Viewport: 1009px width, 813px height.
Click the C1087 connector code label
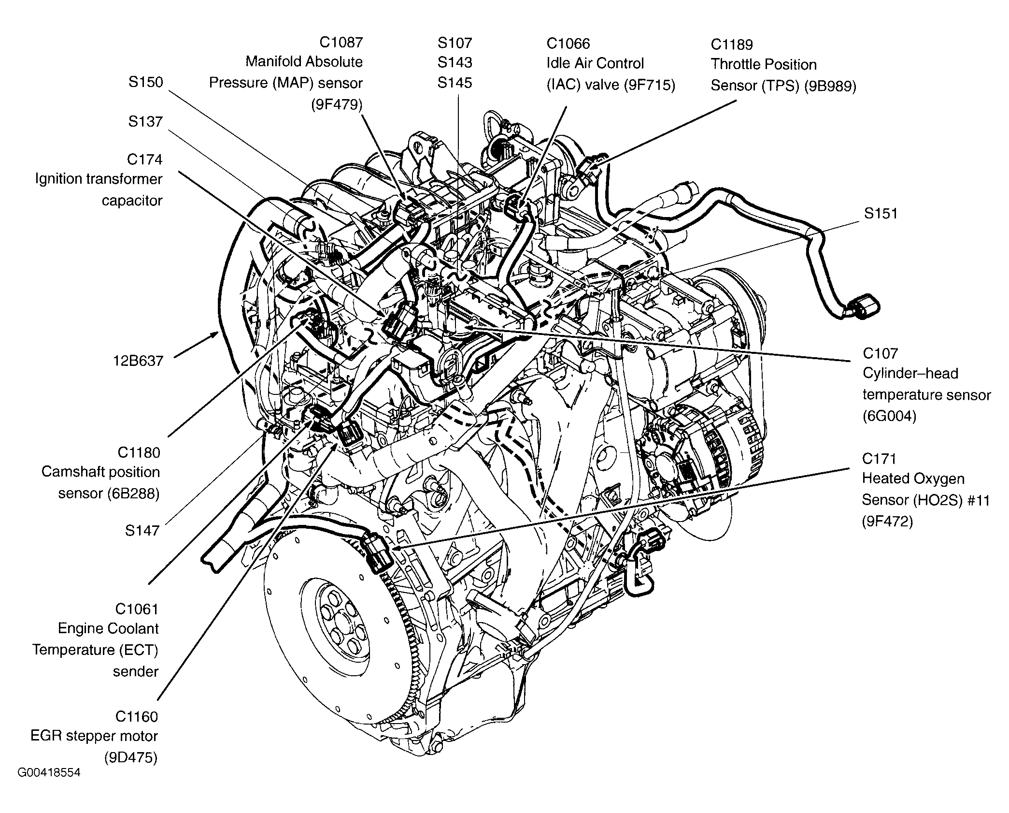point(341,43)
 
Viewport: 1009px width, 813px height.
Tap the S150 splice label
point(145,82)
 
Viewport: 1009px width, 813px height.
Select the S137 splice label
point(145,121)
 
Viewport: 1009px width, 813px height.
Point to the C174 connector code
point(144,159)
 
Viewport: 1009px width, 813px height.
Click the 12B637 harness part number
point(139,361)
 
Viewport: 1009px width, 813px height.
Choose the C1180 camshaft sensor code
point(139,452)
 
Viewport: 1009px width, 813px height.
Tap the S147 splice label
point(142,530)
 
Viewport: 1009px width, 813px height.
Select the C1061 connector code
point(137,609)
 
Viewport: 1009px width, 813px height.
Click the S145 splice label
point(455,83)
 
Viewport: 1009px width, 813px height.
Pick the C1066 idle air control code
point(568,44)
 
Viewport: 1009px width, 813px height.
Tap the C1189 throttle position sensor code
point(732,44)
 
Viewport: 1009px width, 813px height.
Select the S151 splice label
point(881,213)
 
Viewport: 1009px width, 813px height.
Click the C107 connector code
point(880,353)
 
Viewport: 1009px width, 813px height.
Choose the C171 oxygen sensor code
point(880,458)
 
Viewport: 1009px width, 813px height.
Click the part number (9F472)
point(887,522)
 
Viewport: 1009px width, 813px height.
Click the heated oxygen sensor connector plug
point(379,551)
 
